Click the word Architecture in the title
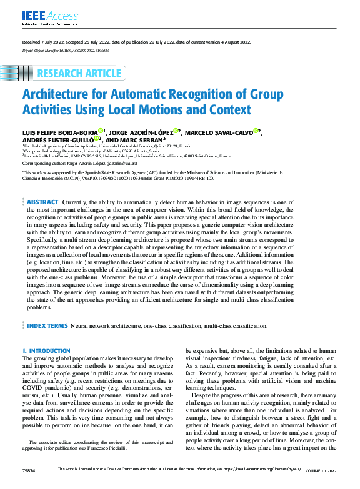pyautogui.click(x=60, y=96)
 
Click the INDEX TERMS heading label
pyautogui.click(x=47, y=325)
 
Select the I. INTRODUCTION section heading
pyautogui.click(x=46, y=352)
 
